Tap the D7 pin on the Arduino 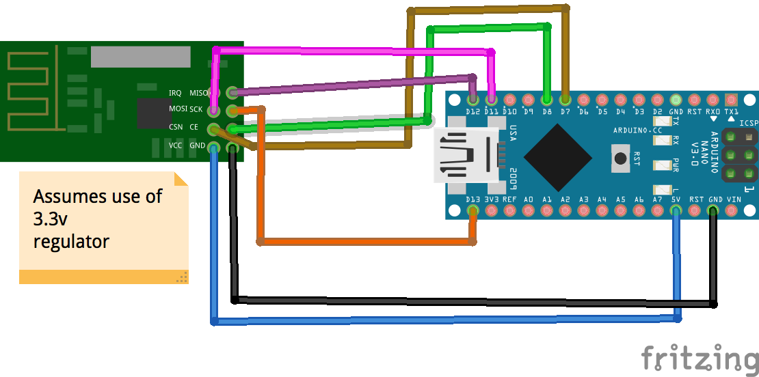tap(565, 100)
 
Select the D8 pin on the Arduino tap(546, 100)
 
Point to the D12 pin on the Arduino tap(472, 100)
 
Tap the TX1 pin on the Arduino tap(731, 100)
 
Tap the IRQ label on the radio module tap(176, 92)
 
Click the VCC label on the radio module tap(176, 145)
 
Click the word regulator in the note tap(71, 241)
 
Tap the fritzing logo tap(699, 358)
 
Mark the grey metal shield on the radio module tap(141, 57)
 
